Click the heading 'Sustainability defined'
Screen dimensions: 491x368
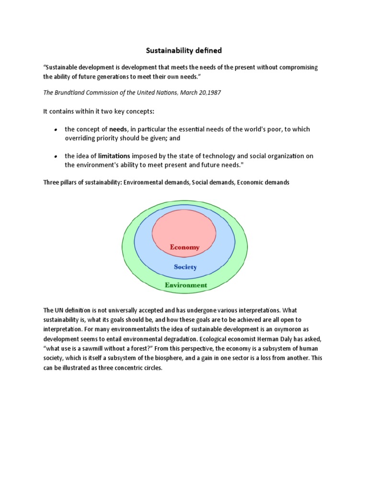coord(184,50)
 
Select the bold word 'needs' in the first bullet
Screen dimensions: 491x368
coord(117,129)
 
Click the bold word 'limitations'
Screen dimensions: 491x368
coord(114,156)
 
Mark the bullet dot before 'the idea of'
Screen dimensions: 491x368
coord(56,157)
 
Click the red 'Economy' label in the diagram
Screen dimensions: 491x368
coord(184,247)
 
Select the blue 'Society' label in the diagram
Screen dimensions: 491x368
coord(185,267)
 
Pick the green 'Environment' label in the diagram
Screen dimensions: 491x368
coord(186,285)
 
